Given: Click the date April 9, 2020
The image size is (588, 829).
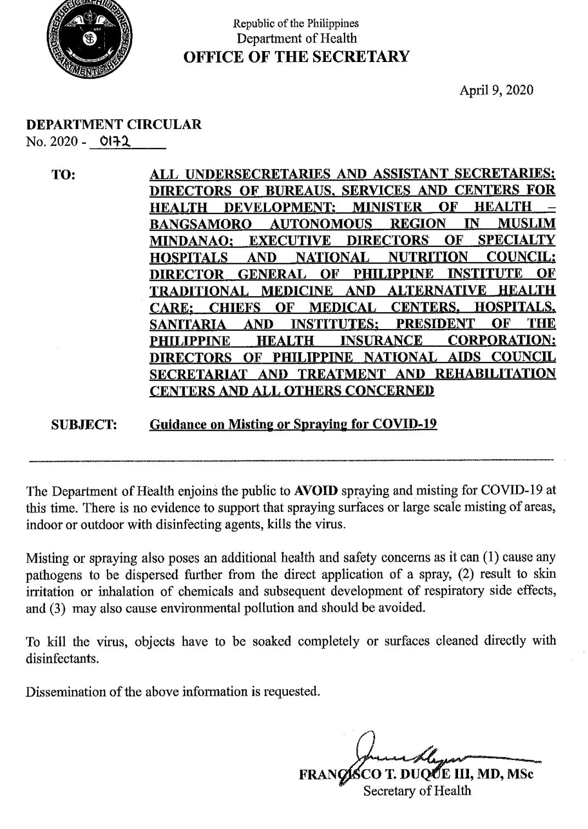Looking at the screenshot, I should point(496,91).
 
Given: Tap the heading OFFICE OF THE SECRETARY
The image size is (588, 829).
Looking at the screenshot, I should point(296,57).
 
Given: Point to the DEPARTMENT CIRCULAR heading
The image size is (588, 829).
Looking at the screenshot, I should point(114,125).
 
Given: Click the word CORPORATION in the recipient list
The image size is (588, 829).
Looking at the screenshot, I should point(501,341).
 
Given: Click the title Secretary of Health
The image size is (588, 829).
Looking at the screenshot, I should point(416,791).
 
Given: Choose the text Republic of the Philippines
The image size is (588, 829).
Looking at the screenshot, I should point(296,24).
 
